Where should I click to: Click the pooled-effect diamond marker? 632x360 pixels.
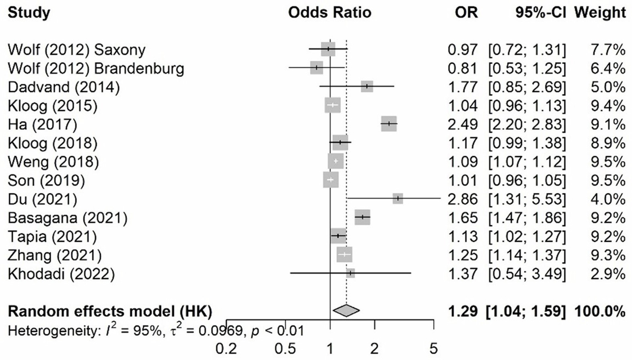[346, 310]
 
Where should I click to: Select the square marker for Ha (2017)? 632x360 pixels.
[389, 124]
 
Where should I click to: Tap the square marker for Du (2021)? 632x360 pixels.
[397, 198]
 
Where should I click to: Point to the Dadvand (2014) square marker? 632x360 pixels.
[367, 86]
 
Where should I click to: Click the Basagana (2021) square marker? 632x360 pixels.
[362, 217]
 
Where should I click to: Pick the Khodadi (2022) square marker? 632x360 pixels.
[350, 273]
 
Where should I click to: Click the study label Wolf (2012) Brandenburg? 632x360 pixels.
[96, 69]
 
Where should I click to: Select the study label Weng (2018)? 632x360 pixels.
[53, 162]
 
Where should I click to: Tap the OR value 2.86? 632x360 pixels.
[463, 200]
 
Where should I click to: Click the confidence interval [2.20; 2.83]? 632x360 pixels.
[527, 125]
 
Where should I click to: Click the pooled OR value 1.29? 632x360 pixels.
[463, 311]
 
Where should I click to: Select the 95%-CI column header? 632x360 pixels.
[540, 13]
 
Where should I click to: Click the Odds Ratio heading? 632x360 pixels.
[329, 13]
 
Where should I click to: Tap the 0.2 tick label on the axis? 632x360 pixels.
[226, 349]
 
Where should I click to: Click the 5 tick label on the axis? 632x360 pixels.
[433, 349]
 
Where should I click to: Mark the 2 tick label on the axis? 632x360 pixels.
[375, 349]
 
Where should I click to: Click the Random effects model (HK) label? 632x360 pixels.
[110, 311]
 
